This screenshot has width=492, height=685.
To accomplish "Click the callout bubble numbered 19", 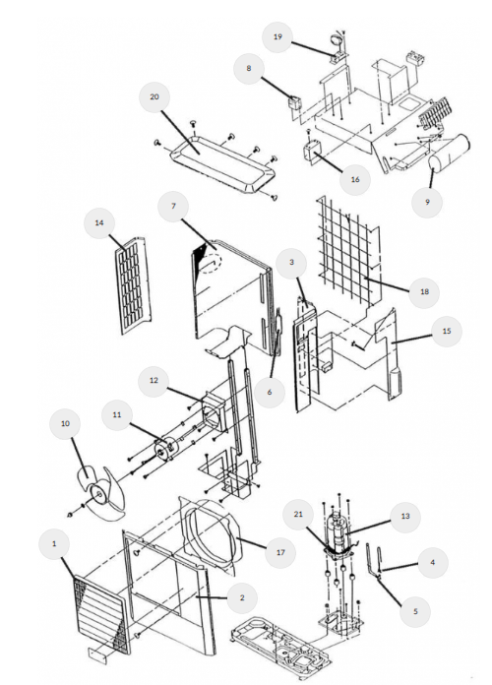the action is [277, 37].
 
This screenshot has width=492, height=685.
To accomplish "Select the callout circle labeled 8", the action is [249, 69].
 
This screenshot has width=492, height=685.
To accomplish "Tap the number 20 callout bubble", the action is [154, 97].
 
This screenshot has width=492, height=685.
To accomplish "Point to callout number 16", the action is [355, 179].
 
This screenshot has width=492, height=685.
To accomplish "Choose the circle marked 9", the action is [427, 203].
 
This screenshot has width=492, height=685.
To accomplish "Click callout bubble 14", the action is [99, 223].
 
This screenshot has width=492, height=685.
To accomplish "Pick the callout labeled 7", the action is [173, 207].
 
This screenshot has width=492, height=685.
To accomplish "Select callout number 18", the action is [424, 292].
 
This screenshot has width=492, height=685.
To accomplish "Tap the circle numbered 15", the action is [447, 331].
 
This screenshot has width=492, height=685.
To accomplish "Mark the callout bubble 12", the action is [154, 381].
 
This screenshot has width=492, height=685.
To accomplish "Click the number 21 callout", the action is [298, 515].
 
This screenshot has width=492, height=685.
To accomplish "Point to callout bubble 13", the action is [405, 517].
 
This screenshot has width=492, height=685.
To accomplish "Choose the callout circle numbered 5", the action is [415, 611].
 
